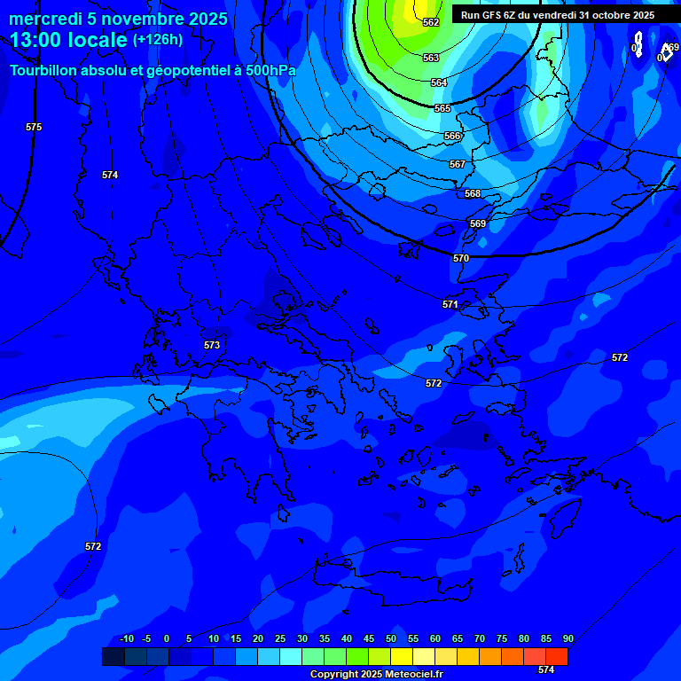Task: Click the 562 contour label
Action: [x=431, y=22]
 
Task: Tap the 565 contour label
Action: [x=442, y=108]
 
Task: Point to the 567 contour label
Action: [x=457, y=164]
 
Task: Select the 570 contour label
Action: [x=461, y=258]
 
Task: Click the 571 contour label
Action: [x=450, y=304]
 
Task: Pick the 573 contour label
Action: [x=212, y=345]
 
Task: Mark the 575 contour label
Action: [x=34, y=127]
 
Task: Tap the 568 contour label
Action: [x=473, y=193]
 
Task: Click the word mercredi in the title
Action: [x=45, y=19]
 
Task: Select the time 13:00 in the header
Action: [x=33, y=40]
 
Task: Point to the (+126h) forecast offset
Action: [x=158, y=39]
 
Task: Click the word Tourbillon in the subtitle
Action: [x=45, y=70]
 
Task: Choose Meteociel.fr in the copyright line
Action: [x=411, y=674]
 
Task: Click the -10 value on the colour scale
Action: [x=126, y=639]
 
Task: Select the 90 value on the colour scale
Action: [x=567, y=639]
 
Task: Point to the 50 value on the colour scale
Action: [x=391, y=639]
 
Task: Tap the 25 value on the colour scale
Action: [x=280, y=639]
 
